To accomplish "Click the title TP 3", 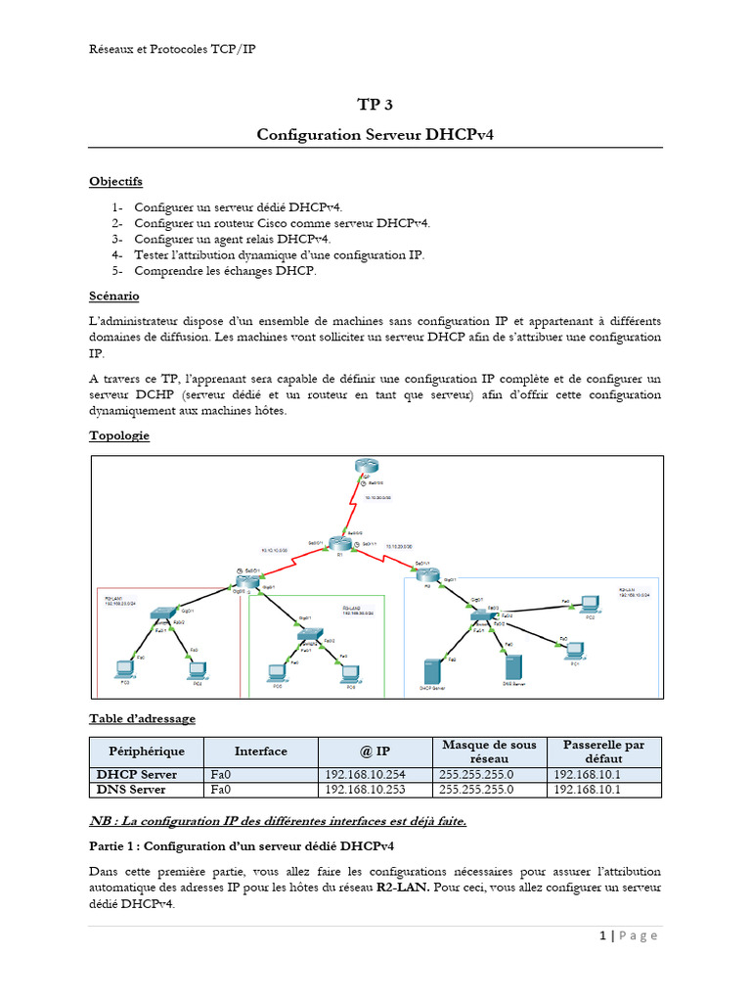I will (x=375, y=105).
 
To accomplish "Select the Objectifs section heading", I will (x=115, y=181).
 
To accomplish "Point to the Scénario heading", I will (x=114, y=295).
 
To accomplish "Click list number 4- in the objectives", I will (x=117, y=254).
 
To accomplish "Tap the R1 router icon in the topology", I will (x=338, y=543).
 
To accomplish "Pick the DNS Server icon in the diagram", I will (x=510, y=669).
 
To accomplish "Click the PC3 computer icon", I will (x=124, y=669).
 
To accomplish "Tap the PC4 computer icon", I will (x=198, y=669).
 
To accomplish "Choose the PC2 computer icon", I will (x=589, y=604).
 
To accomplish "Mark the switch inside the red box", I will (x=160, y=614).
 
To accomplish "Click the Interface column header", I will (x=261, y=751).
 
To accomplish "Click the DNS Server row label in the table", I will (x=131, y=789).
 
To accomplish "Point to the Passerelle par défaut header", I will (x=603, y=751).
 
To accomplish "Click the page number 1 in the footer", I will (x=603, y=935).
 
